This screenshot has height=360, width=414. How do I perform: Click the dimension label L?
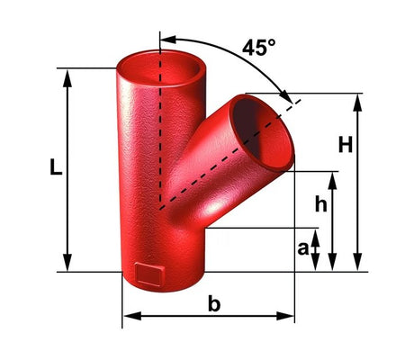[x=56, y=167]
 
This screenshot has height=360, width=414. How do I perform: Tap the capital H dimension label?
[x=345, y=143]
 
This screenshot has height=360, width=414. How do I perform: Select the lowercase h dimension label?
[x=319, y=205]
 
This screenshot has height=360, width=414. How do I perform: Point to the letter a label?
[x=303, y=246]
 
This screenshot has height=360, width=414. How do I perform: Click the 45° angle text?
[x=258, y=48]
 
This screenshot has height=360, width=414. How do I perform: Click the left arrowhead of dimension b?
[x=129, y=316]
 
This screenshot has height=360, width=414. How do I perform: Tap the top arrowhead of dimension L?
[x=67, y=75]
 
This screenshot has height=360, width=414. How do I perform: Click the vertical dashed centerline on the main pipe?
[x=160, y=135]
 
